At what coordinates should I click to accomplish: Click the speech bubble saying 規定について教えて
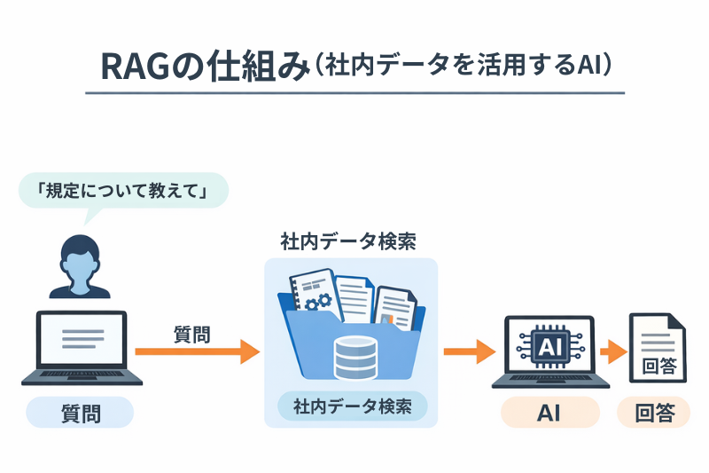tap(122, 192)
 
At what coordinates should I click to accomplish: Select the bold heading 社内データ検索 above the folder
tap(348, 241)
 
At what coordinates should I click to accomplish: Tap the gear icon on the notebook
tap(312, 302)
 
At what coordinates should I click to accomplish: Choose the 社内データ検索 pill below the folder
tap(352, 407)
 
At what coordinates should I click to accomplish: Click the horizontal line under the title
tap(354, 92)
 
